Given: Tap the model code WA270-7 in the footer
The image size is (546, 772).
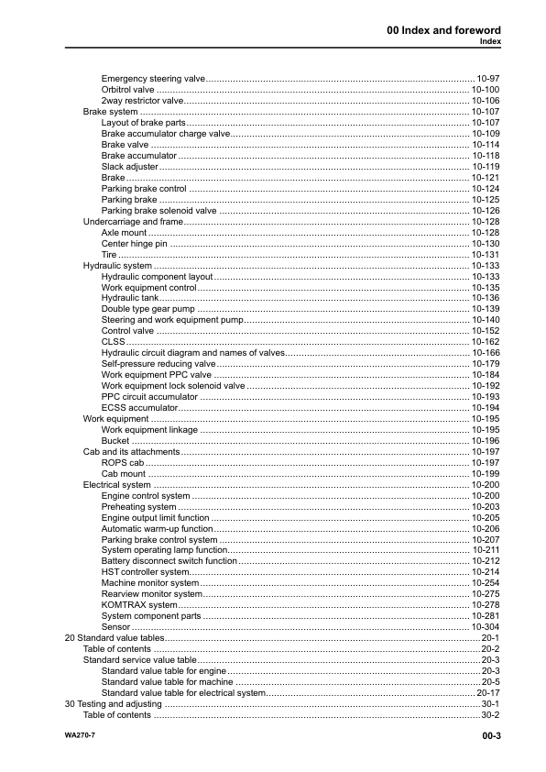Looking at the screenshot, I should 80,735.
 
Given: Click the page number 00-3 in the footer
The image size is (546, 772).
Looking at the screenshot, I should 486,735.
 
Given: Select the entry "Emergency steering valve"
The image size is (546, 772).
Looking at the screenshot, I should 153,79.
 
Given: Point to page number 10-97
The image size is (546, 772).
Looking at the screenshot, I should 487,79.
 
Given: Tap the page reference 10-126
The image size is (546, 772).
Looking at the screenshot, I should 485,211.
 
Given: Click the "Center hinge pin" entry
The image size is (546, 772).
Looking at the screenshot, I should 135,244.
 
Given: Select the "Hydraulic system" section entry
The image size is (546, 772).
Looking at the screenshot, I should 117,266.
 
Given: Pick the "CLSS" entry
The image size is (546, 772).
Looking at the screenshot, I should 113,342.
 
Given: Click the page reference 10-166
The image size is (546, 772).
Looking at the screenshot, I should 485,353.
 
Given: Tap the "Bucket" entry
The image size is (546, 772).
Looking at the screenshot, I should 115,441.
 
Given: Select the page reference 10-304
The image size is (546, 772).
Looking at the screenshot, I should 485,627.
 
